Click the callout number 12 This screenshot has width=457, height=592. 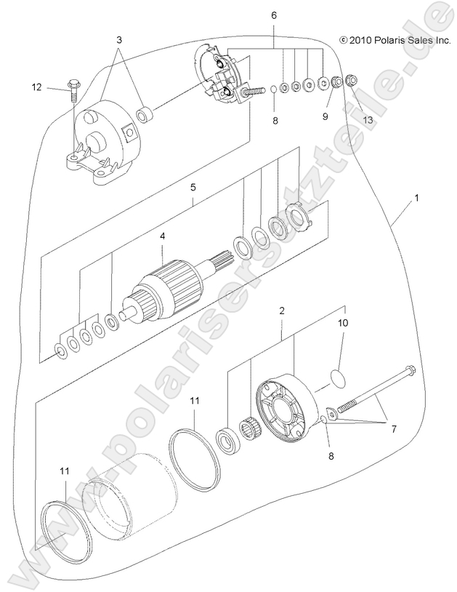(x=36, y=87)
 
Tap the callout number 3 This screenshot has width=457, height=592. (x=119, y=39)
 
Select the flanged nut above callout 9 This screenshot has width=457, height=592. (x=336, y=83)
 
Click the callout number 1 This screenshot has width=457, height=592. (x=417, y=198)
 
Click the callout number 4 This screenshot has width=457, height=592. (x=163, y=236)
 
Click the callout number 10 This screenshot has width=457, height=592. (x=343, y=321)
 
